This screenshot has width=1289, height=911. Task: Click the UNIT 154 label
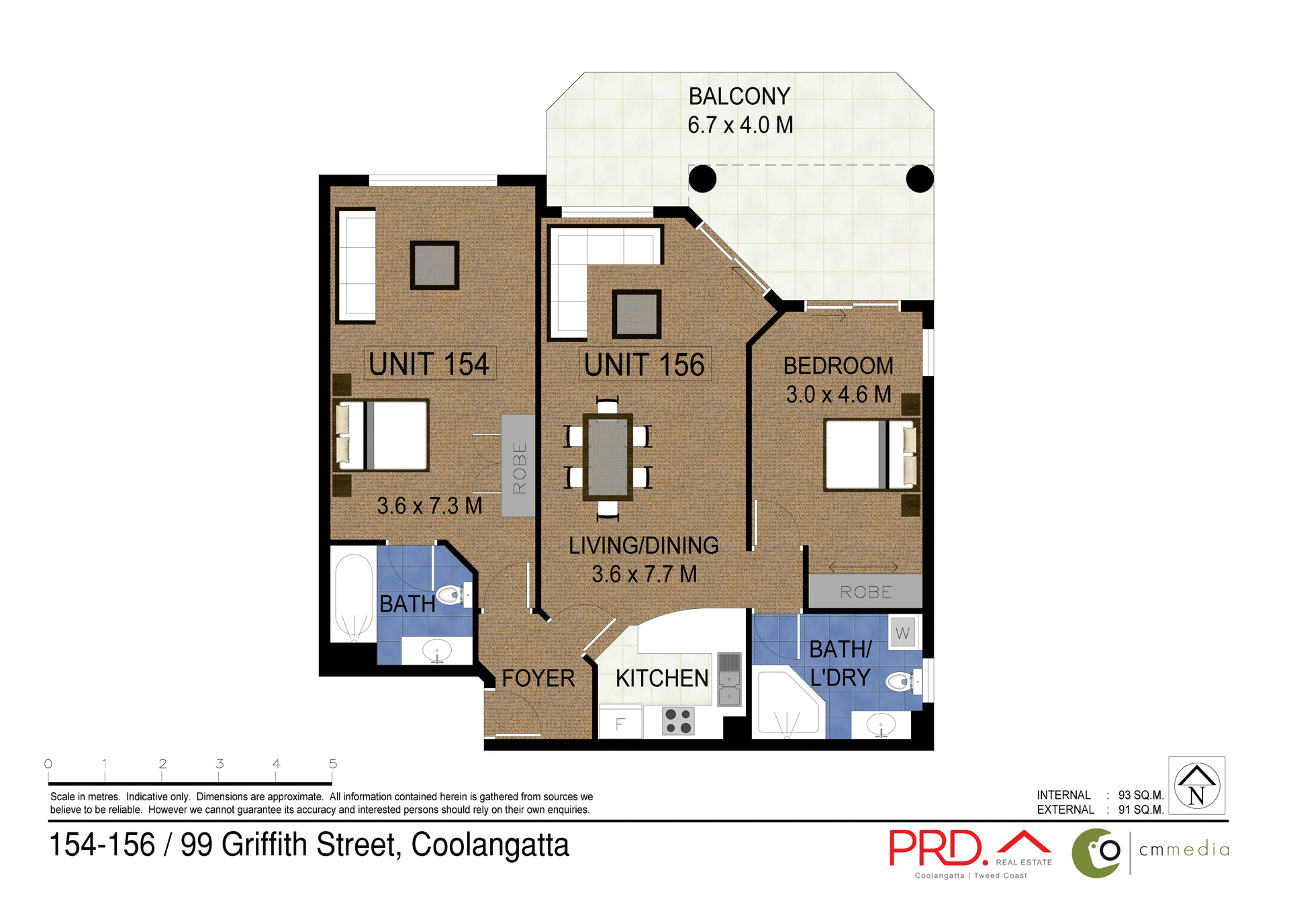(429, 364)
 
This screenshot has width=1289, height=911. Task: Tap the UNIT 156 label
(644, 365)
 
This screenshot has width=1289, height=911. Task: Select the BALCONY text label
(739, 97)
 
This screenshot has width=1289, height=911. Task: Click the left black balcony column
(702, 179)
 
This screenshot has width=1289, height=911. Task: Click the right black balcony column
(919, 179)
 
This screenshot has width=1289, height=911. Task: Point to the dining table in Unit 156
(608, 457)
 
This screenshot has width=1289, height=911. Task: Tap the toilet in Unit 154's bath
(452, 595)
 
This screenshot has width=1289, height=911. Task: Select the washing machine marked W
(902, 633)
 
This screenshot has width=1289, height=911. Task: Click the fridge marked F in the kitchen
(620, 723)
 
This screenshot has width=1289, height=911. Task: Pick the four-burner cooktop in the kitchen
(678, 721)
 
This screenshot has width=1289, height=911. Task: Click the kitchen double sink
(729, 679)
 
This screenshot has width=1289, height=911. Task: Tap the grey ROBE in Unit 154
(518, 466)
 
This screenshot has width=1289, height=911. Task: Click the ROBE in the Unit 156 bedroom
(865, 592)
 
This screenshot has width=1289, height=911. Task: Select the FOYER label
(538, 678)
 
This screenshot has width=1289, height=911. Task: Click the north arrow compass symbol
(1196, 785)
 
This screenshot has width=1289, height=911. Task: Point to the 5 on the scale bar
(333, 764)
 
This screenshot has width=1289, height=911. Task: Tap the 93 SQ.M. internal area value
(1140, 795)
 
